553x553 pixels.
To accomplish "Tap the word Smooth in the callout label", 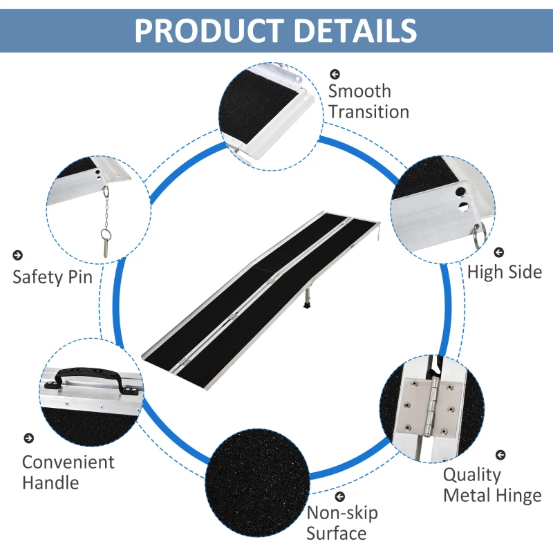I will tap(359, 91).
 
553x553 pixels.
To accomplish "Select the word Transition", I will tap(368, 111).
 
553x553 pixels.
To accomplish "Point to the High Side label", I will tap(505, 272).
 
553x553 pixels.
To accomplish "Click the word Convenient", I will tap(68, 462).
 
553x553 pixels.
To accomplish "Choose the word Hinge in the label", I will tap(518, 495).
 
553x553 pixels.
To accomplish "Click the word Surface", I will tap(336, 533).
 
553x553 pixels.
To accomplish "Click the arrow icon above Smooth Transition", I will tap(335, 73).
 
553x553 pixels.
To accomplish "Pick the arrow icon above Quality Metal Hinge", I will tap(500, 454).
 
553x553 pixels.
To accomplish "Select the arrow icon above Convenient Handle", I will tap(28, 438).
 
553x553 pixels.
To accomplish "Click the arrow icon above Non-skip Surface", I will tap(339, 496).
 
